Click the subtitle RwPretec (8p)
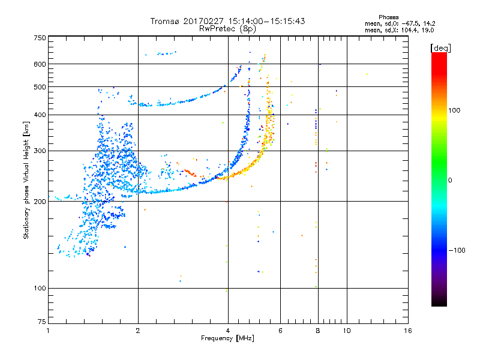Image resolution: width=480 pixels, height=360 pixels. [x=227, y=29]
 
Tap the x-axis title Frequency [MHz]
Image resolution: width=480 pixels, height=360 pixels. [x=227, y=338]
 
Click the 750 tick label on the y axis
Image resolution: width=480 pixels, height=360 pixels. [x=40, y=38]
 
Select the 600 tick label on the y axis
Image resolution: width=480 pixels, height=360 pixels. [x=40, y=64]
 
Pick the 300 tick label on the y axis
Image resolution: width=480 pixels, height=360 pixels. [x=40, y=151]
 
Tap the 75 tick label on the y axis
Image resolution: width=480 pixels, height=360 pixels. [x=42, y=322]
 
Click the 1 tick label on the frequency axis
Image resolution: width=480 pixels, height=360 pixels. [x=48, y=331]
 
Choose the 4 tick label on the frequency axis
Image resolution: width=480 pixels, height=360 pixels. [x=228, y=331]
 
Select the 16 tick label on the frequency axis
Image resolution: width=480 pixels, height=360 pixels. [x=408, y=331]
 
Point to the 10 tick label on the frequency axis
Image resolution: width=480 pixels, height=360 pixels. [x=347, y=331]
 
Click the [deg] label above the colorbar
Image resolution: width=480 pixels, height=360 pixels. [x=440, y=49]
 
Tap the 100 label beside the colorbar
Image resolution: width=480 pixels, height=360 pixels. [x=454, y=110]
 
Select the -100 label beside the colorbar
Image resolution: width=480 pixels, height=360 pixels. [x=457, y=250]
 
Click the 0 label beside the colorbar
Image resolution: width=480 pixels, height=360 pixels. [x=450, y=181]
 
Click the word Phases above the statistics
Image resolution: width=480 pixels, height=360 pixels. [x=389, y=17]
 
